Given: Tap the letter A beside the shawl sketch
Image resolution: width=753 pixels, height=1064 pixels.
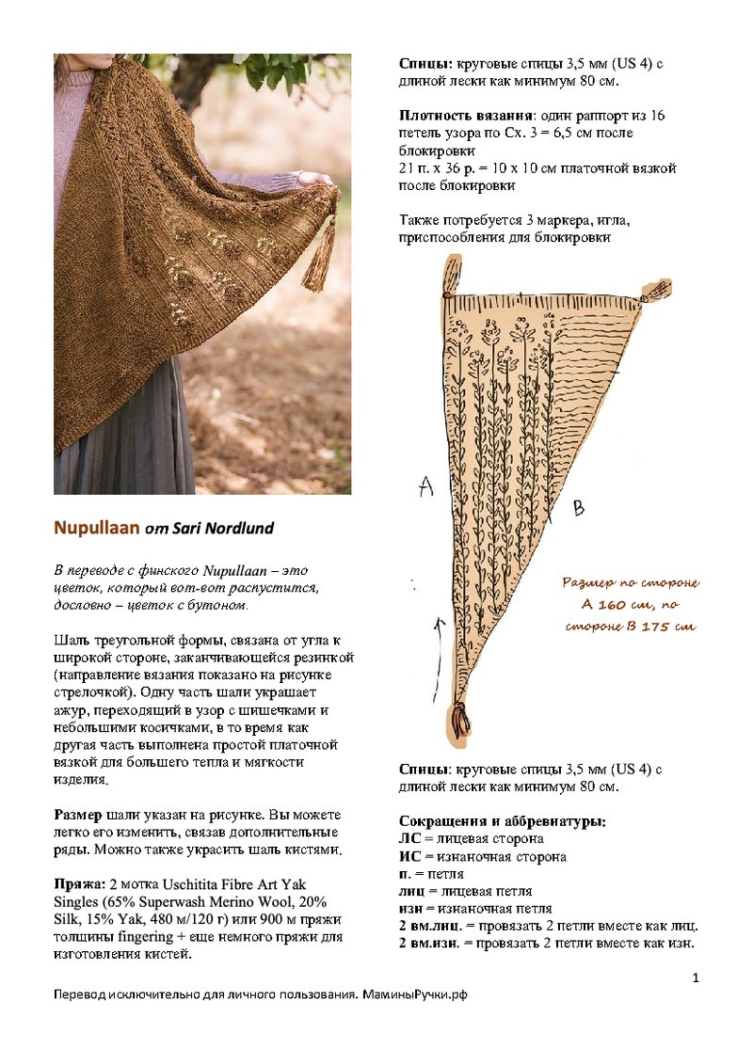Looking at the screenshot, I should [x=425, y=486].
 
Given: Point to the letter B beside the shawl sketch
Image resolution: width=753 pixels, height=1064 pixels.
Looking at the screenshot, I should [x=579, y=508].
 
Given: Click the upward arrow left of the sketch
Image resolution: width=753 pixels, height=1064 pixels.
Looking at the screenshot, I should [x=436, y=640].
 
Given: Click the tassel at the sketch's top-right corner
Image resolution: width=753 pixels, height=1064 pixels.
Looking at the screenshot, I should [x=658, y=290].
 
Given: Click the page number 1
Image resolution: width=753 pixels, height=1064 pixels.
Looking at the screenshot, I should [x=695, y=978].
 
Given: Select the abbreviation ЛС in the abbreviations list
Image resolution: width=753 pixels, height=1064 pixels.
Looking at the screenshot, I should [x=409, y=838].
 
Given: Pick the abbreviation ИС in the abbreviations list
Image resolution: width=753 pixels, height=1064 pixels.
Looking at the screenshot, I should [x=409, y=856].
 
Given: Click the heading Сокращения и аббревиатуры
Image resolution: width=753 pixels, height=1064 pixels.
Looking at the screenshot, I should [x=502, y=821].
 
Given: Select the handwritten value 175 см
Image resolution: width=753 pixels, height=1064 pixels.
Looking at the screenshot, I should [x=670, y=627].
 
